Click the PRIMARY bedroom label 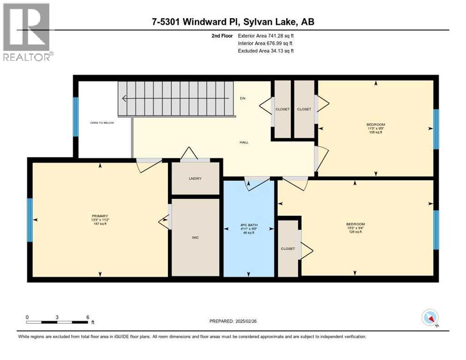99,216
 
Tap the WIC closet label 195,238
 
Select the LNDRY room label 195,178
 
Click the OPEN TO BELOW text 102,123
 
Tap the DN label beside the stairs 243,98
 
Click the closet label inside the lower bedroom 288,248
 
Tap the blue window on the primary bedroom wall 30,220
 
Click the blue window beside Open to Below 76,116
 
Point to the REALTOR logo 26,32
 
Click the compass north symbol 429,318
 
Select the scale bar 57,322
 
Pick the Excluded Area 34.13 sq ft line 266,51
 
